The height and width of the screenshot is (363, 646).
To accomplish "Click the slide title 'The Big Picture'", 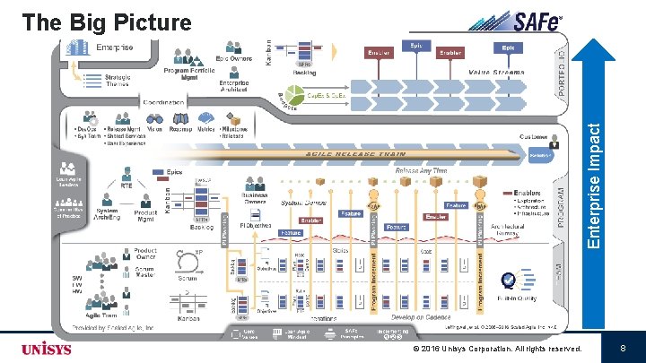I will click(x=107, y=22).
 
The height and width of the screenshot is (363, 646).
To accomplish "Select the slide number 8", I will click(x=622, y=348).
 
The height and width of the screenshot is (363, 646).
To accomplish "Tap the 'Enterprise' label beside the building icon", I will click(x=114, y=48).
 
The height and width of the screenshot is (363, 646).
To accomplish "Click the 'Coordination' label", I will click(x=161, y=102).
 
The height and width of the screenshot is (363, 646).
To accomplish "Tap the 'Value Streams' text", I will click(x=495, y=71).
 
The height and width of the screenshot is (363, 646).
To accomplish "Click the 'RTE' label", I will click(x=127, y=186).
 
